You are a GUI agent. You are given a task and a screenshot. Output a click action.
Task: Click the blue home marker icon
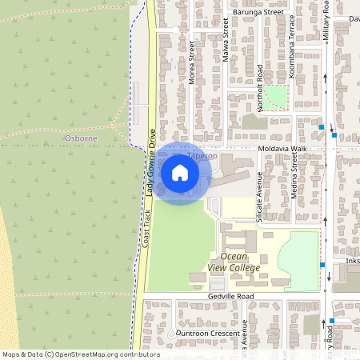point(180,172)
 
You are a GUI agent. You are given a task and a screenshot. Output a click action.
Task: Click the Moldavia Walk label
point(282,150)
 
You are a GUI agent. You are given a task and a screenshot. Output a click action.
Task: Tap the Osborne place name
point(80,138)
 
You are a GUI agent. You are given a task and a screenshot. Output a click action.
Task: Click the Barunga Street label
point(258,13)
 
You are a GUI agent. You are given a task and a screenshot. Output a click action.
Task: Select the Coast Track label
point(146,226)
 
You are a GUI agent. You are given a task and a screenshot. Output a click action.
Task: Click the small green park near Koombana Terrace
point(276,98)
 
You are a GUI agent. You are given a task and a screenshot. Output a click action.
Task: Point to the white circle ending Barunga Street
point(175,30)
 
